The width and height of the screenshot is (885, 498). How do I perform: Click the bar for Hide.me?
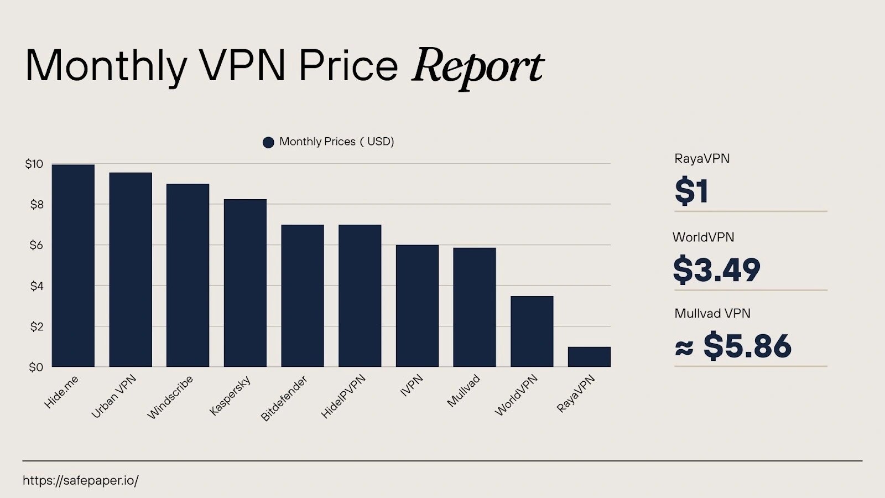(73, 266)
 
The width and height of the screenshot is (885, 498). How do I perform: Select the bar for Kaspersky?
(245, 283)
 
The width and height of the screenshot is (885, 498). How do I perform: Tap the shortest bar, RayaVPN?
(589, 357)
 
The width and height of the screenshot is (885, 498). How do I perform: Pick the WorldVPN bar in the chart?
(532, 331)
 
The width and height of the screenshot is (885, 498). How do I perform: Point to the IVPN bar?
(417, 305)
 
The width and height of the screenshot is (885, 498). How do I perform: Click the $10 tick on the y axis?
(34, 164)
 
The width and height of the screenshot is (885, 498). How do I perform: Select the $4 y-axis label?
(37, 286)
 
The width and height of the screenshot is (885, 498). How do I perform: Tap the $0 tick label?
(36, 367)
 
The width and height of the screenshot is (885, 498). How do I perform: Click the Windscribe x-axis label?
(170, 397)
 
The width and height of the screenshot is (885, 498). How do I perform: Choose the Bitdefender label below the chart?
(284, 398)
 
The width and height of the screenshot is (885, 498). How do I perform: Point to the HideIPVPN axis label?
(343, 396)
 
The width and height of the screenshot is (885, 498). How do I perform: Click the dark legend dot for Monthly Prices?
(268, 142)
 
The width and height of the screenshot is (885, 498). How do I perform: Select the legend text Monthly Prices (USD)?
(336, 142)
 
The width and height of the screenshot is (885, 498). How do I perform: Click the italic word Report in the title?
(477, 67)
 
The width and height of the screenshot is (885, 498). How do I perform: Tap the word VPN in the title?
(242, 66)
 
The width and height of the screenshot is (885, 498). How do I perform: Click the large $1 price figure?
(691, 191)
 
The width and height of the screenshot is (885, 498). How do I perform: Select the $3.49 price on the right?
(716, 270)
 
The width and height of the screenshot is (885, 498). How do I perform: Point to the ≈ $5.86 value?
(733, 346)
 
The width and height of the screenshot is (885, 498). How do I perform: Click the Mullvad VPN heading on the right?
(712, 314)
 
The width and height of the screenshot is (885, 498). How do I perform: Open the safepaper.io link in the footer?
(80, 480)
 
